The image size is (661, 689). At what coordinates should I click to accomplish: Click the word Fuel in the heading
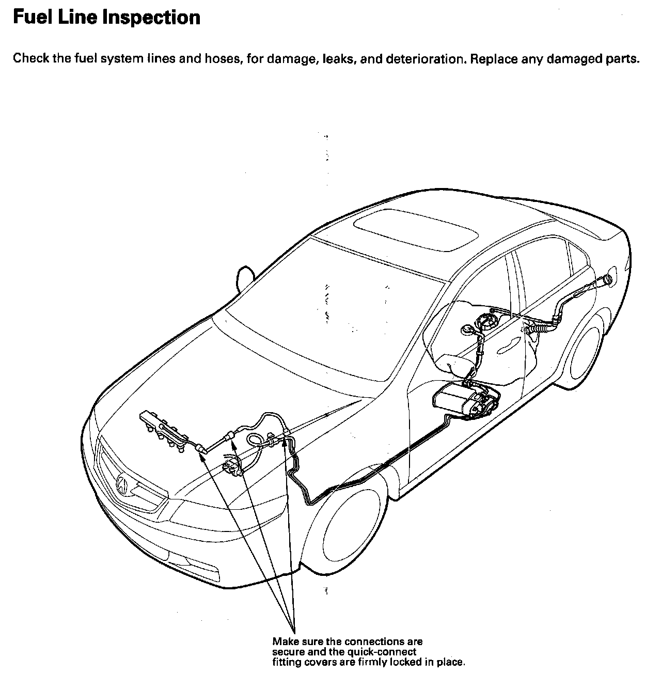pyautogui.click(x=30, y=18)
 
